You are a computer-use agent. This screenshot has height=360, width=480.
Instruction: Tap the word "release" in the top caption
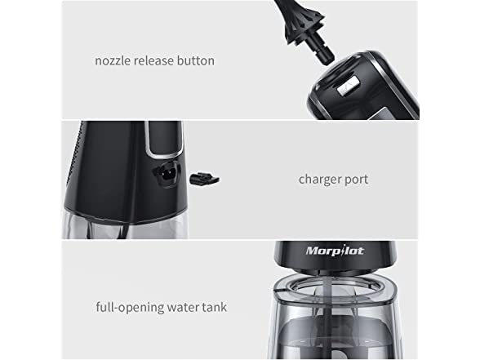coord(156,60)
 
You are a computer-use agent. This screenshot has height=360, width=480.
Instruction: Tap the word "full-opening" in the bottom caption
coord(128,308)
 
